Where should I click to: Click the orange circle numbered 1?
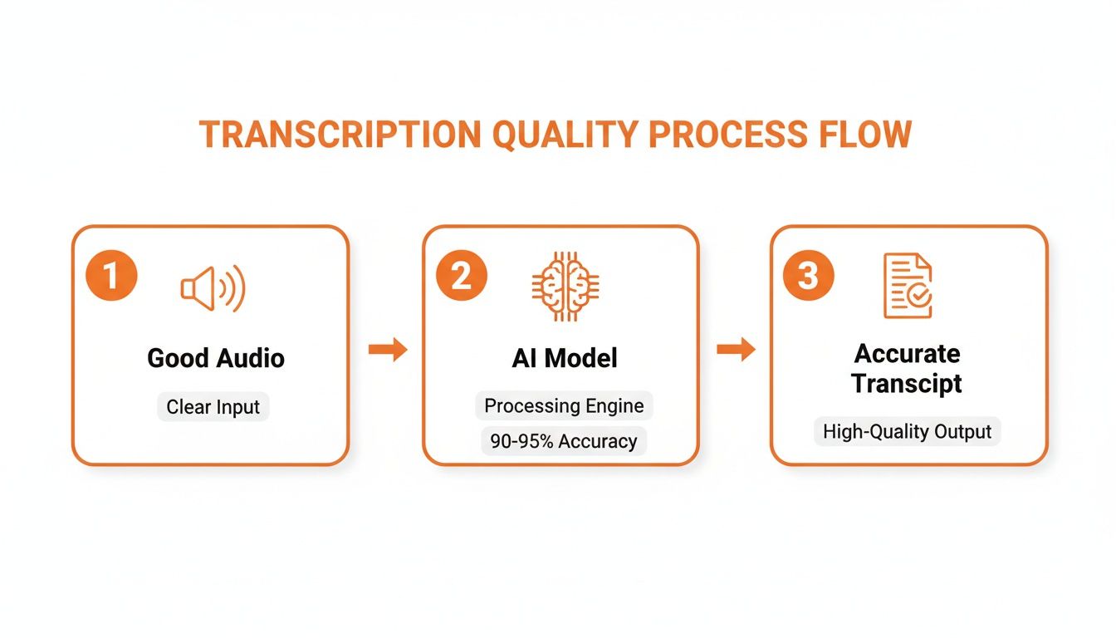[111, 276]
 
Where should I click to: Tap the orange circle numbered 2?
[462, 276]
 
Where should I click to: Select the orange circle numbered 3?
[808, 276]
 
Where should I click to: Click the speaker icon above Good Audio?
[213, 288]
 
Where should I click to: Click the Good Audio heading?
[216, 358]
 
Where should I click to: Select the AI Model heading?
[565, 358]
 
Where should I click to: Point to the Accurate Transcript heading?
[908, 368]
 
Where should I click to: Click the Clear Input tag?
[213, 407]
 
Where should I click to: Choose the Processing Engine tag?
[564, 406]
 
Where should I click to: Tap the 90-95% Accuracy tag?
[564, 441]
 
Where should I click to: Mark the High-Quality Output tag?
[907, 432]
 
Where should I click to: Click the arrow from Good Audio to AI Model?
[388, 350]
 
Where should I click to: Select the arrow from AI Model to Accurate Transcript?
[736, 350]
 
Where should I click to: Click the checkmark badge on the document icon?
[921, 297]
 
